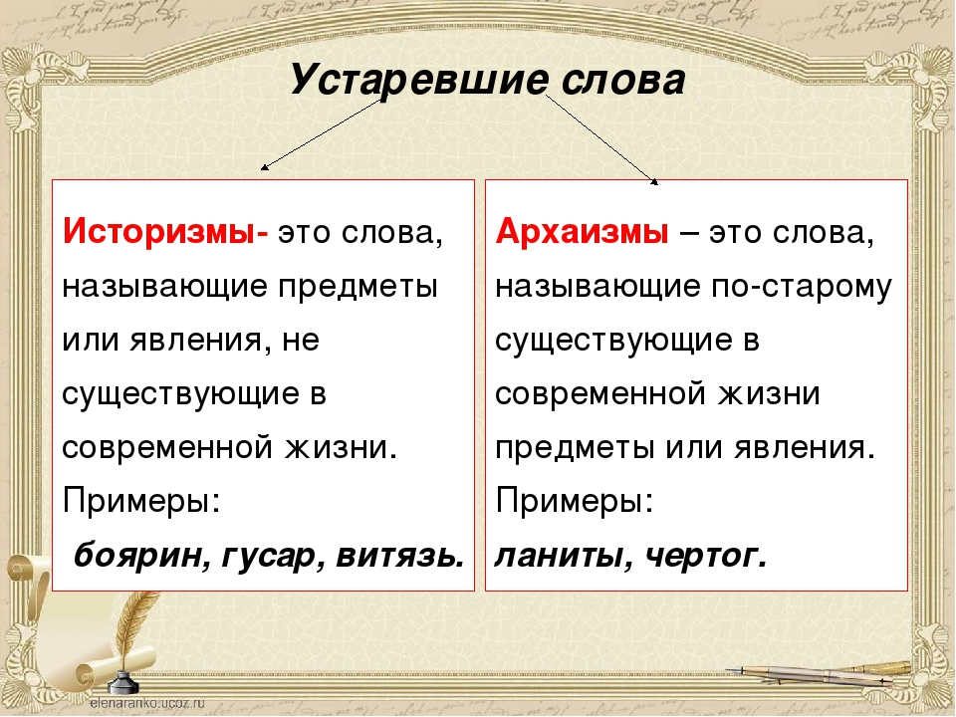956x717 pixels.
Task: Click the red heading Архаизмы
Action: (x=582, y=232)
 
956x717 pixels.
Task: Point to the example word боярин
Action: (x=141, y=556)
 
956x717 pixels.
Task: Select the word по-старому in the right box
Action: (x=801, y=287)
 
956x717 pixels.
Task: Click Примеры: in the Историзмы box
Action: (x=140, y=502)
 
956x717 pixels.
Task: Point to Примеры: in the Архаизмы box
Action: (x=575, y=502)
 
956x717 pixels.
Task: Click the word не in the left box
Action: (x=301, y=341)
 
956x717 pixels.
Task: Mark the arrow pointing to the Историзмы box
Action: (x=322, y=134)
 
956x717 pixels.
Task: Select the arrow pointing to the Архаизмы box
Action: (x=601, y=139)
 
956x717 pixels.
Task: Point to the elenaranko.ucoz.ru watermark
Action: (x=147, y=703)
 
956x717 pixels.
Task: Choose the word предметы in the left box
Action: (x=358, y=287)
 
